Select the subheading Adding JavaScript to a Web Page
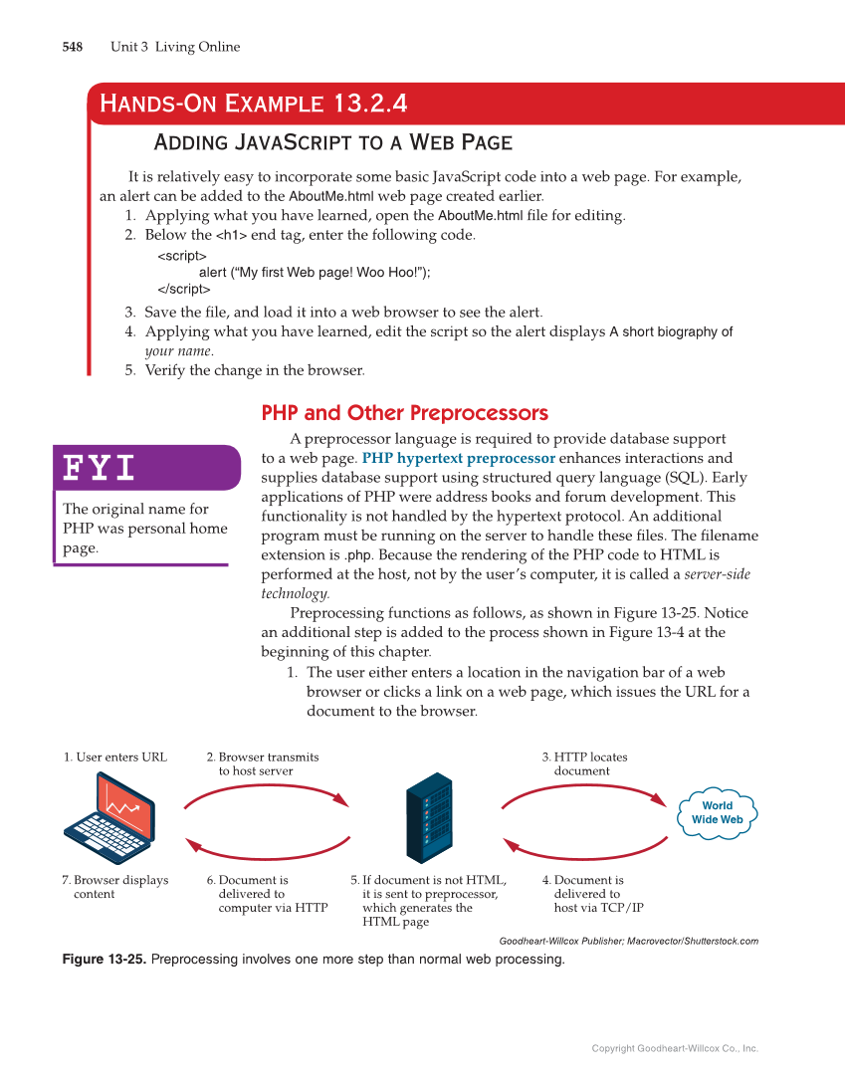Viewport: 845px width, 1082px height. pos(332,142)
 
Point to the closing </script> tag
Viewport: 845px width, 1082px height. pos(184,289)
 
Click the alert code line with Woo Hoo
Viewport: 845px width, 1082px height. pos(315,272)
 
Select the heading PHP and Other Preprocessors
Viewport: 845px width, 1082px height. pos(404,413)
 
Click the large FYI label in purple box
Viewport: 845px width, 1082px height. pos(100,468)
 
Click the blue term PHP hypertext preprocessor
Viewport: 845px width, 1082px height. pos(458,459)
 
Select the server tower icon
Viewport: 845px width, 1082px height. pos(429,818)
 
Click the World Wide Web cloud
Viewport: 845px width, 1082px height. pos(717,813)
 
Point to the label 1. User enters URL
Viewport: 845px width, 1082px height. pos(115,757)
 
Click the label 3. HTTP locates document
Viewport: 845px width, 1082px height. pos(584,763)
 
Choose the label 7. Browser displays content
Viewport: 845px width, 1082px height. pos(115,887)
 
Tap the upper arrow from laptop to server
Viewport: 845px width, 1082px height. pos(266,790)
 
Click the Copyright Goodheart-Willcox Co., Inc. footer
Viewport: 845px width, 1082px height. pos(675,1048)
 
